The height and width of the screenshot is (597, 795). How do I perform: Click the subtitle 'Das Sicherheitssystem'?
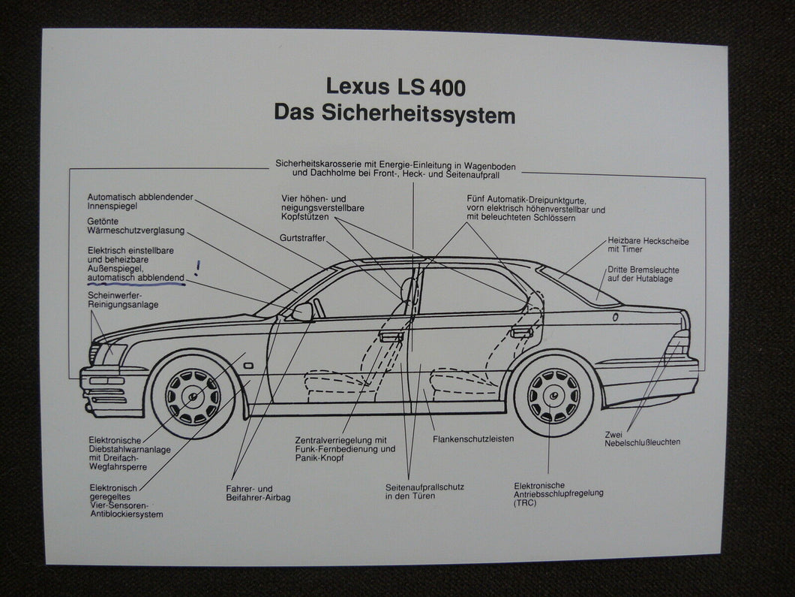(x=394, y=114)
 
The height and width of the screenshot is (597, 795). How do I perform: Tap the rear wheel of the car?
(x=553, y=394)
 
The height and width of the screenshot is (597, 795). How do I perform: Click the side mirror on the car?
(x=303, y=312)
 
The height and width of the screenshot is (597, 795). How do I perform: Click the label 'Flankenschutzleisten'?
(x=473, y=439)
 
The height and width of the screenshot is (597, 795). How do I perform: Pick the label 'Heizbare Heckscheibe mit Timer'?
(x=647, y=246)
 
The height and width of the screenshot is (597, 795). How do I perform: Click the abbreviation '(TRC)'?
(x=526, y=502)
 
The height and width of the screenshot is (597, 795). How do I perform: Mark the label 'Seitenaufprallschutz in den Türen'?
(x=424, y=492)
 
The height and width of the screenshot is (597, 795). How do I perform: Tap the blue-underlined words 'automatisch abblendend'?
(x=136, y=277)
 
